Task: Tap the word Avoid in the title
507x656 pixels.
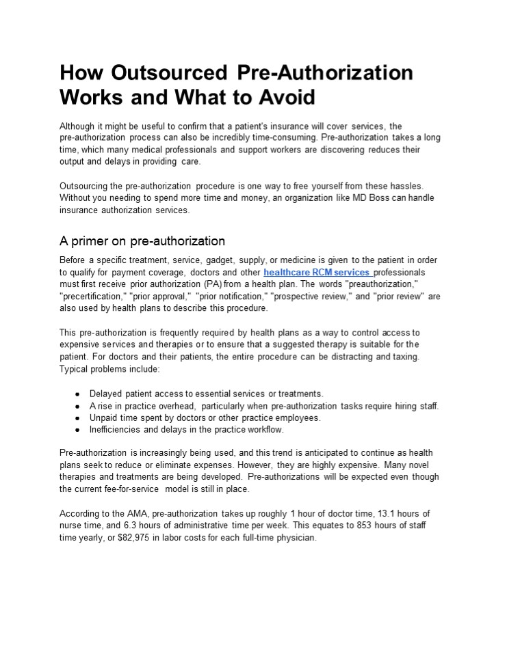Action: [285, 98]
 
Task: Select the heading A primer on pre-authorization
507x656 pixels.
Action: [142, 241]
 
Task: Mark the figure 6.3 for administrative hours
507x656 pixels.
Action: [131, 525]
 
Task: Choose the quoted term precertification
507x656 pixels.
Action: [92, 296]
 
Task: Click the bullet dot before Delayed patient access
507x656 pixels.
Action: [78, 394]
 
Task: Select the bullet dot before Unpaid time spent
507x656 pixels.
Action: [78, 418]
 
